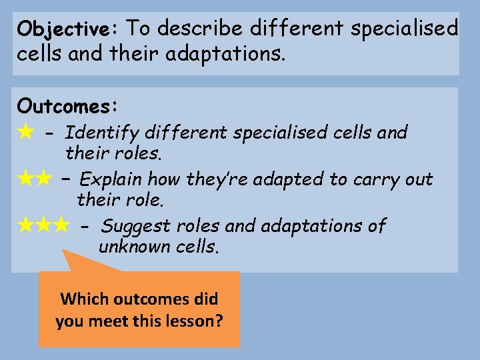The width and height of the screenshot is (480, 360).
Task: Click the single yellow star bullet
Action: [x=26, y=132]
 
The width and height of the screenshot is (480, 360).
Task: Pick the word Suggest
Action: [x=137, y=226]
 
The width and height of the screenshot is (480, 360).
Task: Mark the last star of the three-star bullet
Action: [x=61, y=225]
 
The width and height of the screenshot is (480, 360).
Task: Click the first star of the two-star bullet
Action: [x=26, y=179]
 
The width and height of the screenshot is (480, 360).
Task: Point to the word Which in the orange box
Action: [x=83, y=299]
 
